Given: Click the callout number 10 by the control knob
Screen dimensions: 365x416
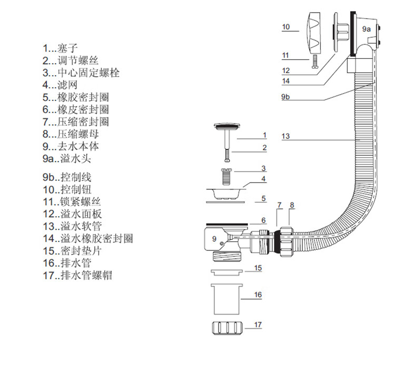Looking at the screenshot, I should pos(286,26).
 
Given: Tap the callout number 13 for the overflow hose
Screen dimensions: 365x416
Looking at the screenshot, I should pos(285,136).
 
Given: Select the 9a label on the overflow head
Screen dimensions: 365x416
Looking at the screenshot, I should pos(367,29).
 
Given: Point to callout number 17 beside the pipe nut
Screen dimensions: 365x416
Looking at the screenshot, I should pos(257,325).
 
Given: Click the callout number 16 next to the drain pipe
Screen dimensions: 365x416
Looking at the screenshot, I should pos(257,295).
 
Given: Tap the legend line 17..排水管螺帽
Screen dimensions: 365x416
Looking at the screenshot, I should pos(78,275).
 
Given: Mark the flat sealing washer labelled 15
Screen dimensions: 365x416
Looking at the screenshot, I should pos(226,272).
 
